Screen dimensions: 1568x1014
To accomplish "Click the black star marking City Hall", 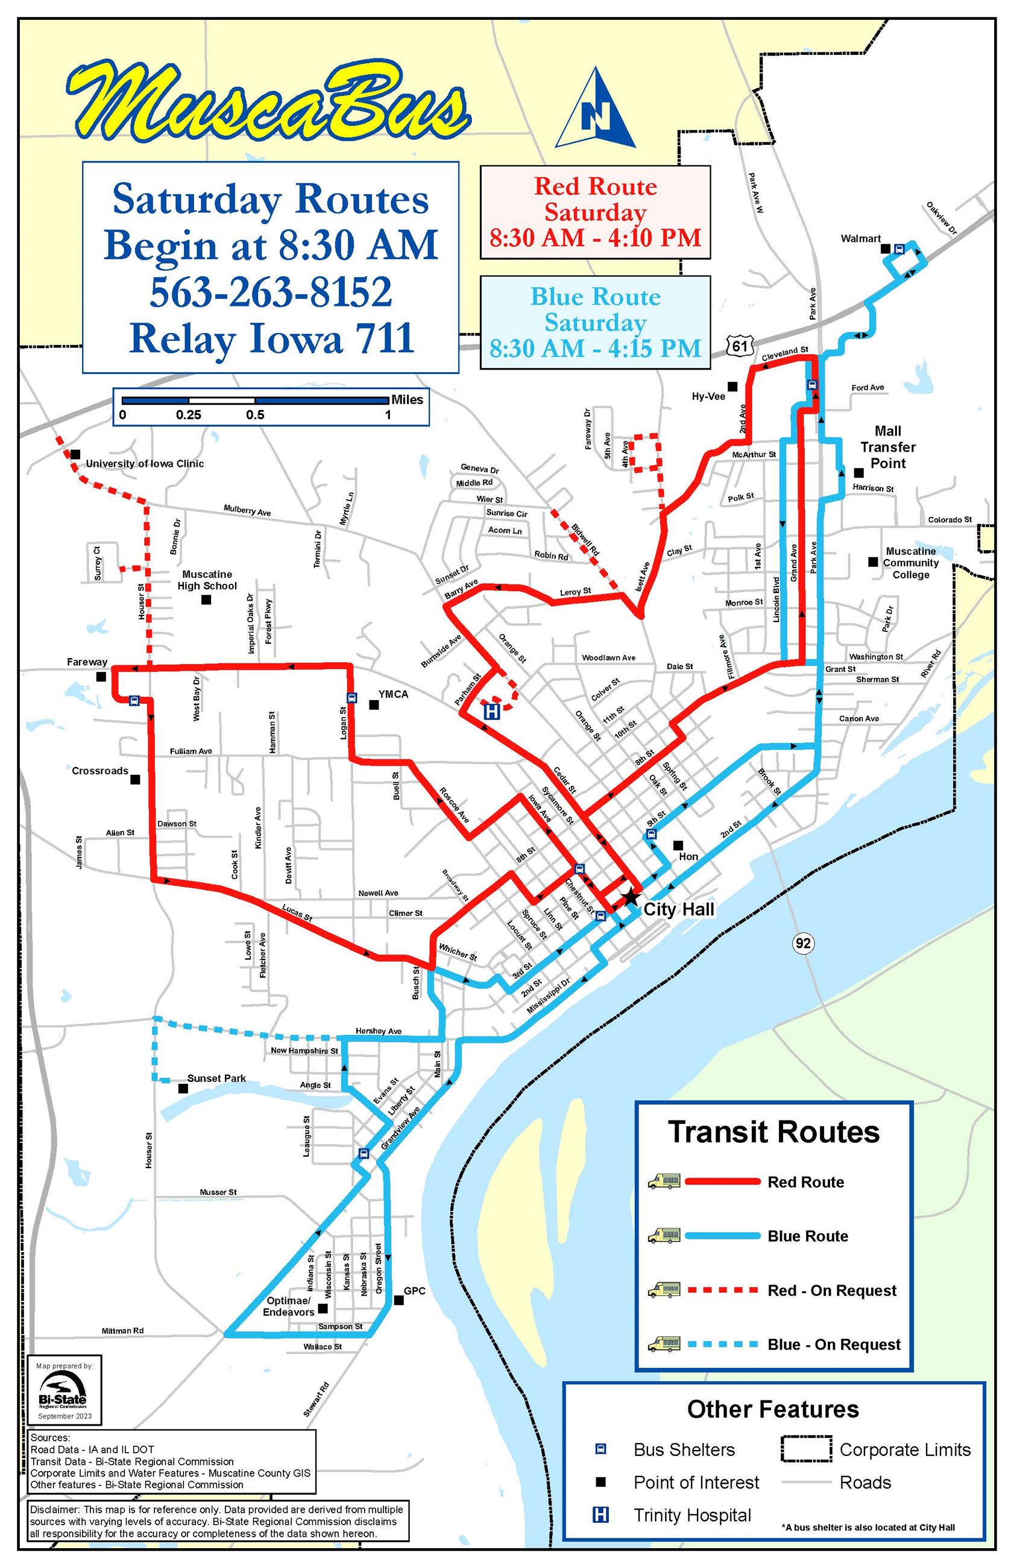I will click(630, 896).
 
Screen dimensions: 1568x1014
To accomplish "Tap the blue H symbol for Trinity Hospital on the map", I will click(491, 711).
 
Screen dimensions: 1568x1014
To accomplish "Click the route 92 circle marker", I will click(802, 943).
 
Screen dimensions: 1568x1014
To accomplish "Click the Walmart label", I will click(860, 238).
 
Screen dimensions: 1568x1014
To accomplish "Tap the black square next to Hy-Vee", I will click(732, 386).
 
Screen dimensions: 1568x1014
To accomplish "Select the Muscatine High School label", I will click(207, 580).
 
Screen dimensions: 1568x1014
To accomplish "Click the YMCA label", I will click(393, 694).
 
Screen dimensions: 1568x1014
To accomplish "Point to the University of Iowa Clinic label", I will click(144, 464).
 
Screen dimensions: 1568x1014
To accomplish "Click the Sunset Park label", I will click(216, 1078).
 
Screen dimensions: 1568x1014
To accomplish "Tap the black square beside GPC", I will click(398, 1300).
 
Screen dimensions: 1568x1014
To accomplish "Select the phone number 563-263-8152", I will click(271, 292).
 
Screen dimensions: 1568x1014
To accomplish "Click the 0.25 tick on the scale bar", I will click(188, 415).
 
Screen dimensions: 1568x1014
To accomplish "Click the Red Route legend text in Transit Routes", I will click(805, 1181).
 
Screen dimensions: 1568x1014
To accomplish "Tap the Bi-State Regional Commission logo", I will click(62, 1391).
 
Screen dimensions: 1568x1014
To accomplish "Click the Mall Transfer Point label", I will click(887, 447).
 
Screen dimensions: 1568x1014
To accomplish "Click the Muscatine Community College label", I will click(911, 563).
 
